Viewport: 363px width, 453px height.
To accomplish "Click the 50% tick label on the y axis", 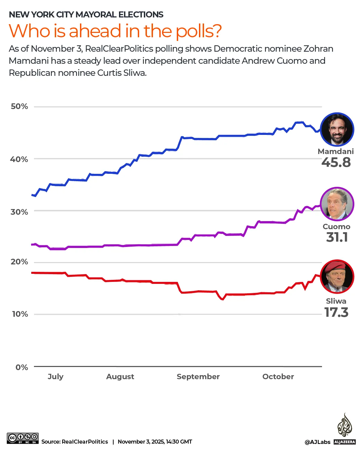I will tap(19, 106).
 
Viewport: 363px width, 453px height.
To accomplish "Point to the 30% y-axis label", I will tap(19, 212).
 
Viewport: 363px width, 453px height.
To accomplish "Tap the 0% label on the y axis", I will tap(22, 367).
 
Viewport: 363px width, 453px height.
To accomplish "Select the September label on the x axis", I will tap(198, 376).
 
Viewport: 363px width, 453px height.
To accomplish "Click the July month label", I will tap(55, 376).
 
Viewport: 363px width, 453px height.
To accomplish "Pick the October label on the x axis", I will tap(278, 376).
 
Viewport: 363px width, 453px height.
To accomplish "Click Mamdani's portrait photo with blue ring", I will tap(337, 130).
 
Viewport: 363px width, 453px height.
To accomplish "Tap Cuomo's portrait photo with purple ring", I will tap(337, 204).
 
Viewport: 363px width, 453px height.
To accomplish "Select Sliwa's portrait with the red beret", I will tap(337, 276).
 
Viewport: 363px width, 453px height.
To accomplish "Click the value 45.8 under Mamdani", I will tap(336, 162).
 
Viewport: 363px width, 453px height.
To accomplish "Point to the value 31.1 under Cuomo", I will tap(337, 237).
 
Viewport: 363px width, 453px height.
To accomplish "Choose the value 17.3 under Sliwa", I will tap(336, 312).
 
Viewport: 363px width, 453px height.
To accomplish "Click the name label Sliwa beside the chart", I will tap(336, 301).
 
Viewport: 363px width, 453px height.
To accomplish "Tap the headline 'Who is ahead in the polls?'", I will tap(115, 31).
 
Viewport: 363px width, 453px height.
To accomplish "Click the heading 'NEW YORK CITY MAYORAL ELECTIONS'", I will tap(86, 14).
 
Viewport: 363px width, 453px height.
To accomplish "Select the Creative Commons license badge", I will tap(23, 438).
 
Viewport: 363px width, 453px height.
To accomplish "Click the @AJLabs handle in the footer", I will tap(317, 442).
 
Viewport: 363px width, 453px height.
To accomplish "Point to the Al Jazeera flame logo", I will tap(345, 425).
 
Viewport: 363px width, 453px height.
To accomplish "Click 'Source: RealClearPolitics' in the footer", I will tap(75, 442).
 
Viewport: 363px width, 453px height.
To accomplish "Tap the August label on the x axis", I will tap(120, 376).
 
